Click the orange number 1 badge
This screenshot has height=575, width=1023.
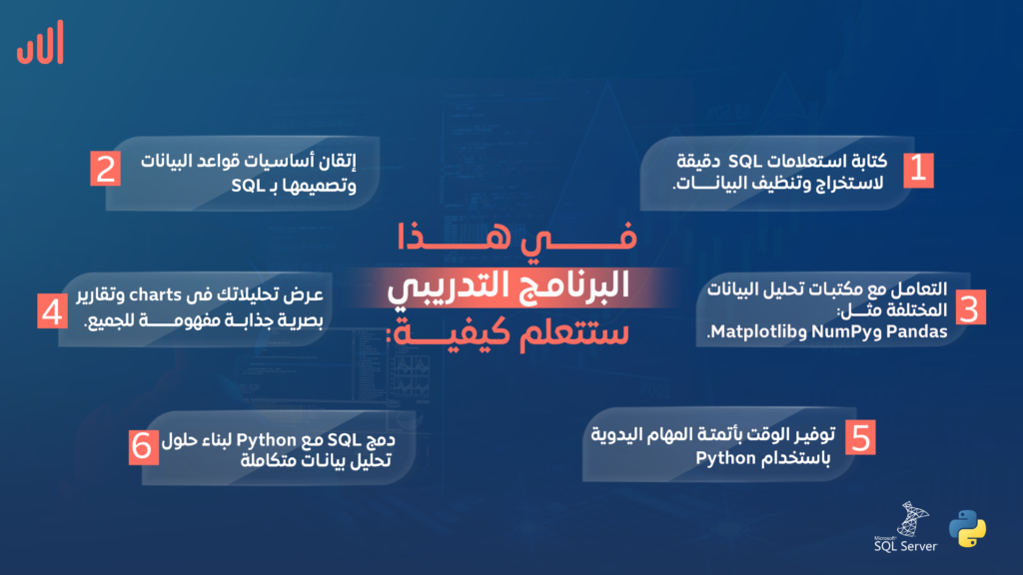click(x=918, y=170)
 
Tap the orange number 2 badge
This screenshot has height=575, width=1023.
click(x=106, y=169)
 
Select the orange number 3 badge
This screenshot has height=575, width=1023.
click(x=970, y=307)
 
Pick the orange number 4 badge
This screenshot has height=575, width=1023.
click(x=52, y=311)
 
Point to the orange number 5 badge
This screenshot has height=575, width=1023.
click(x=860, y=437)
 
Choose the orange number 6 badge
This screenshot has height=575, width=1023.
click(x=144, y=447)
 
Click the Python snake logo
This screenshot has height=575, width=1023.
click(x=967, y=529)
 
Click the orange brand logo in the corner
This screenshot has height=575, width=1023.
click(x=40, y=42)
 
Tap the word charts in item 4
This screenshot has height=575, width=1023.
click(x=155, y=295)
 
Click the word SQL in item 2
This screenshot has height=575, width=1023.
click(x=248, y=186)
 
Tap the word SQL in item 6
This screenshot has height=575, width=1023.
click(x=344, y=440)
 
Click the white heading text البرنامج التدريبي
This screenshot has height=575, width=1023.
click(x=509, y=287)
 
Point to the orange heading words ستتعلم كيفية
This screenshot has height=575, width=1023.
click(x=508, y=332)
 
